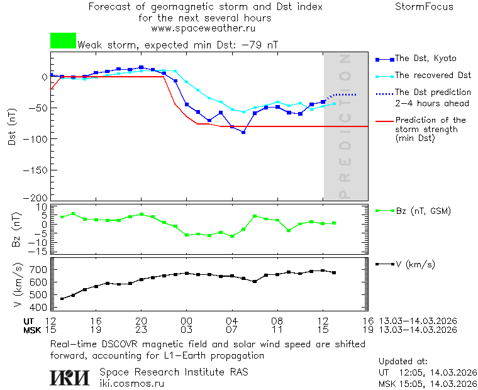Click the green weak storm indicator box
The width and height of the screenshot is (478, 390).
63,41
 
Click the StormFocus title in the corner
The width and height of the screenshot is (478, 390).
424,7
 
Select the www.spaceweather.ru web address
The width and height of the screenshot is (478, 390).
203,28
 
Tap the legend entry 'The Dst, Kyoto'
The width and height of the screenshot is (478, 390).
425,58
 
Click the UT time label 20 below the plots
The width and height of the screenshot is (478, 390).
141,321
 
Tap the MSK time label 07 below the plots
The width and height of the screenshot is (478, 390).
231,330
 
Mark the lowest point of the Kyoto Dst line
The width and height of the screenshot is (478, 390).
243,132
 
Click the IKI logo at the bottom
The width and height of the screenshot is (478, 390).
70,377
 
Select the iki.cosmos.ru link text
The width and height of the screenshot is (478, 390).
132,383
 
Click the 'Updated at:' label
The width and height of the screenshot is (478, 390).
403,362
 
